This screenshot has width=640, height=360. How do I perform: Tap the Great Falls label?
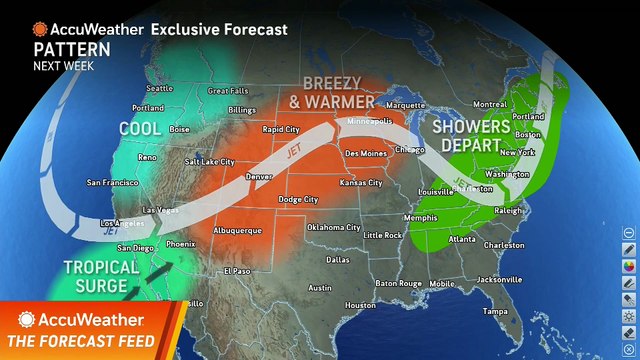[x=227, y=91]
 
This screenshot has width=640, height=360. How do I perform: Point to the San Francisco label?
[x=110, y=183]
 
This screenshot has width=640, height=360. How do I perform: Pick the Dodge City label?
[x=298, y=200]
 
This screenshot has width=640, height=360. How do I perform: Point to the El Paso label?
[x=237, y=271]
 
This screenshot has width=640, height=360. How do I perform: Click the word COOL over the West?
[x=140, y=129]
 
